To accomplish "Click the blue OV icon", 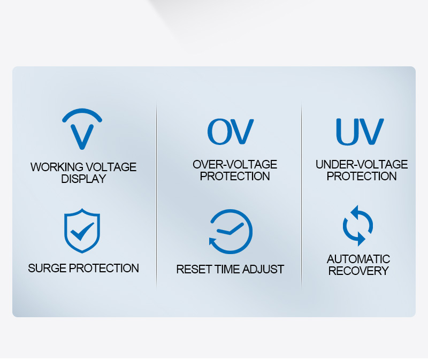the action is coord(231,132).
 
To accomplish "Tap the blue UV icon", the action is coord(360,132).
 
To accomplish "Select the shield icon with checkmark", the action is coord(82,231).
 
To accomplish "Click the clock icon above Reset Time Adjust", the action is coord(231,232).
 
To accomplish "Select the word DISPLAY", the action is coord(83,179).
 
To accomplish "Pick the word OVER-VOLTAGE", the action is coord(235,165).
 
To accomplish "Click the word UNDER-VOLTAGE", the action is coord(362,165).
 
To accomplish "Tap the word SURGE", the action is coord(47,269).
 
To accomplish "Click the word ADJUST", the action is coord(263,270).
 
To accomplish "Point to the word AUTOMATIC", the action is coord(358,259).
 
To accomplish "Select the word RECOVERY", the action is coord(358,271).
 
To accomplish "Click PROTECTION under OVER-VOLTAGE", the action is coord(235,177).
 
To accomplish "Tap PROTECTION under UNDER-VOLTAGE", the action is coord(362,177).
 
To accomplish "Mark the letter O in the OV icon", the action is coord(218,132).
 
